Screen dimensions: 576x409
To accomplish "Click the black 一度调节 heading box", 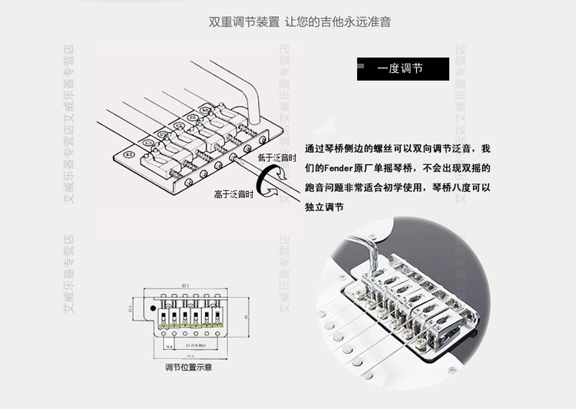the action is (x=402, y=68).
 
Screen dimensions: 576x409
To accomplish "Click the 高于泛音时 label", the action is (x=233, y=195).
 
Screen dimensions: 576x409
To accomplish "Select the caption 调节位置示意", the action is (x=188, y=368).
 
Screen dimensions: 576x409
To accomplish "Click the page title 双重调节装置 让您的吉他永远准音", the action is (x=300, y=21).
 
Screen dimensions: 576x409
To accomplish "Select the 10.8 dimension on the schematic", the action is (x=168, y=345).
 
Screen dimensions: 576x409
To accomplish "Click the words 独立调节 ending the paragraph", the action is (x=323, y=207).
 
